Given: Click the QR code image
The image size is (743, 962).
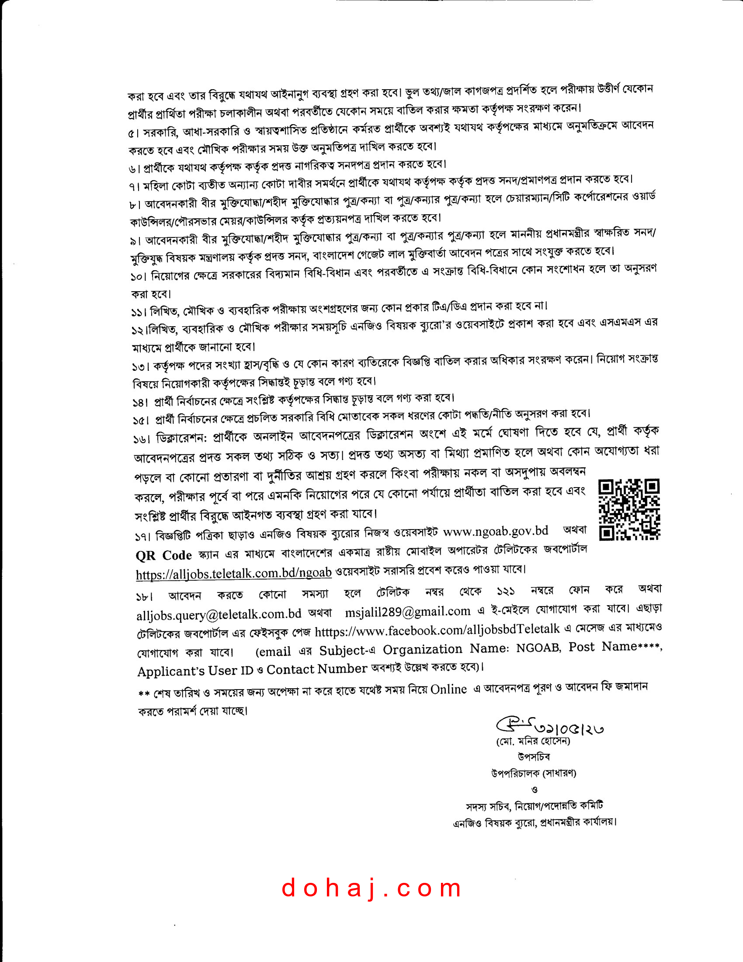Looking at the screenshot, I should click(629, 509).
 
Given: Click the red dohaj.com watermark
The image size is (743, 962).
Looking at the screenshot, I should click(372, 888).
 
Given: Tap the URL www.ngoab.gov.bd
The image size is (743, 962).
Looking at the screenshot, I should click(495, 531).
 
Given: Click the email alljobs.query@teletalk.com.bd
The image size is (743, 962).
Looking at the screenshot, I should click(219, 614).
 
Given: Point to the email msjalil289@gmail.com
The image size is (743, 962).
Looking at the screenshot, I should click(408, 612).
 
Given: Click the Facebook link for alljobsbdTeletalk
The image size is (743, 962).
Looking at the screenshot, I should click(437, 630).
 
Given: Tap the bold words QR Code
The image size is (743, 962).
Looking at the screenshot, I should click(164, 555).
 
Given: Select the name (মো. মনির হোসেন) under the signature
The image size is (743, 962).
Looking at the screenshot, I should click(533, 742).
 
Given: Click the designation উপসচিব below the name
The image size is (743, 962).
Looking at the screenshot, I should click(534, 757).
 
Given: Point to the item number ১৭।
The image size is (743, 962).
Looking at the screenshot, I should click(143, 537).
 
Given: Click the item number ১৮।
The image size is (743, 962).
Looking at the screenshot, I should click(144, 597).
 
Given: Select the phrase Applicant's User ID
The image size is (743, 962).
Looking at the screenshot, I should click(195, 671).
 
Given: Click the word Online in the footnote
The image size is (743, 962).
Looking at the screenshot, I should click(448, 689).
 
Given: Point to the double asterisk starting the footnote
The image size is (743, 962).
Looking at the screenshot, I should click(143, 694).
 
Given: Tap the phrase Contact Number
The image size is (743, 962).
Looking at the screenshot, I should click(316, 669).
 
